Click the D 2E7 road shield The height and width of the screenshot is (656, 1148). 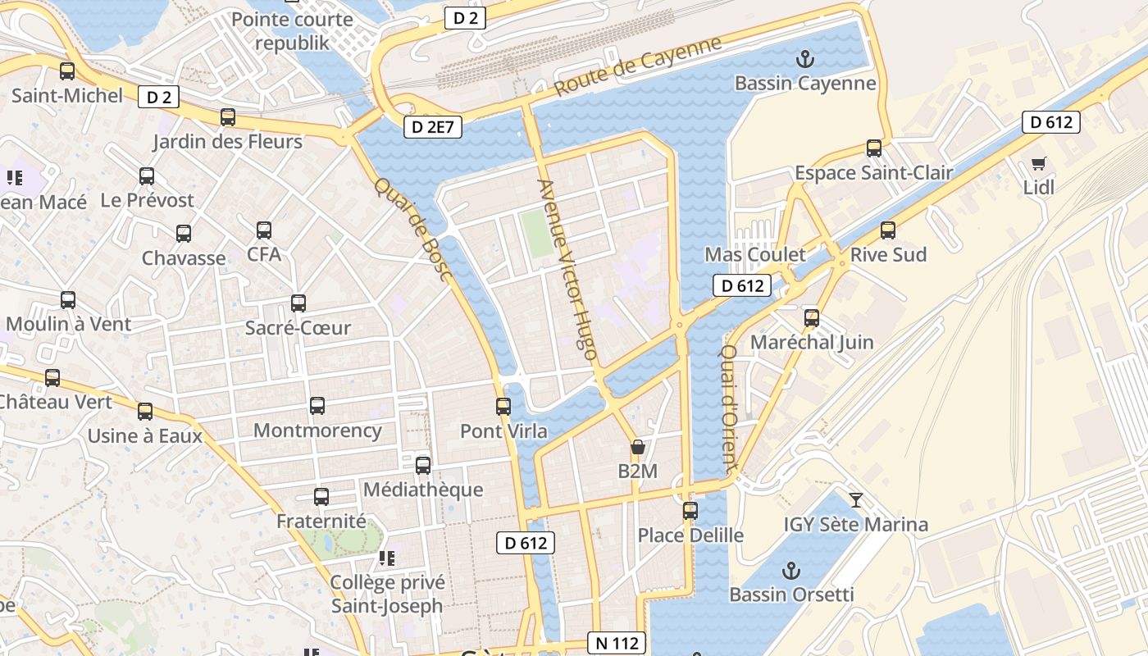tap(433, 127)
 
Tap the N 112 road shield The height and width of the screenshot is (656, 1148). tap(617, 644)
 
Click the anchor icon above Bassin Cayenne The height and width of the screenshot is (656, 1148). tap(804, 59)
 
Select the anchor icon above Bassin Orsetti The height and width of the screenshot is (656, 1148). tap(791, 570)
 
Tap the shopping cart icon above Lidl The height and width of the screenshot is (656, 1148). tap(1039, 164)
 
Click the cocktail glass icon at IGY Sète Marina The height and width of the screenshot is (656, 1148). tap(856, 499)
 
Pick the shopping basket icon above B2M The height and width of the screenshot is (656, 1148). tap(637, 448)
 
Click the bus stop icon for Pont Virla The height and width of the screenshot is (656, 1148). tap(503, 406)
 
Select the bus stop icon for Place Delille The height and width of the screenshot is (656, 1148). tap(690, 511)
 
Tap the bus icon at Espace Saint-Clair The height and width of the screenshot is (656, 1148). tap(874, 148)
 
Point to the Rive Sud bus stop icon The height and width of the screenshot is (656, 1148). tap(887, 230)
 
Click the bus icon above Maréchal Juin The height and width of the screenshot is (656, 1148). tap(812, 317)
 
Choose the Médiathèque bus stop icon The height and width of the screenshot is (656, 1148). tap(423, 466)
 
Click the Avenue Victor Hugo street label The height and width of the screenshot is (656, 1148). tap(567, 270)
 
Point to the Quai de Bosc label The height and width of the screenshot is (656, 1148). tap(414, 229)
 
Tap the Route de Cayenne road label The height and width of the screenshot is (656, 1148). tap(638, 66)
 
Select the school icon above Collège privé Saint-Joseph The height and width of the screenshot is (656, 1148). tap(386, 558)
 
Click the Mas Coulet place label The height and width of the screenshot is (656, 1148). tap(755, 254)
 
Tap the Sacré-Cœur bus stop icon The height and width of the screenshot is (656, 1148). tap(298, 303)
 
